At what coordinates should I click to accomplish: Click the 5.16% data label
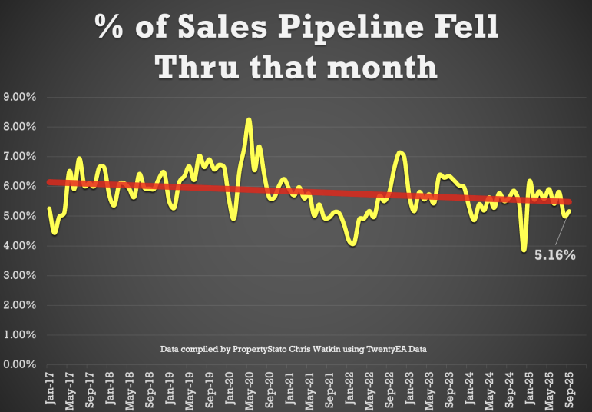click(554, 254)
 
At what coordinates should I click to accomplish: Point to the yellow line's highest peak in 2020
click(249, 120)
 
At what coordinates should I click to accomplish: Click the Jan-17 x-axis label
click(51, 389)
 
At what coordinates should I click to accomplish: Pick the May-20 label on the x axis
click(250, 389)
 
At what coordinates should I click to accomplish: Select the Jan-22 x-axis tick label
click(349, 389)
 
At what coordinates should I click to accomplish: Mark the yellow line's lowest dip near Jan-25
click(524, 249)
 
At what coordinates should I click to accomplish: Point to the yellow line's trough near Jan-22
click(352, 244)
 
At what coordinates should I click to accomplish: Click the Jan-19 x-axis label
click(170, 389)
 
